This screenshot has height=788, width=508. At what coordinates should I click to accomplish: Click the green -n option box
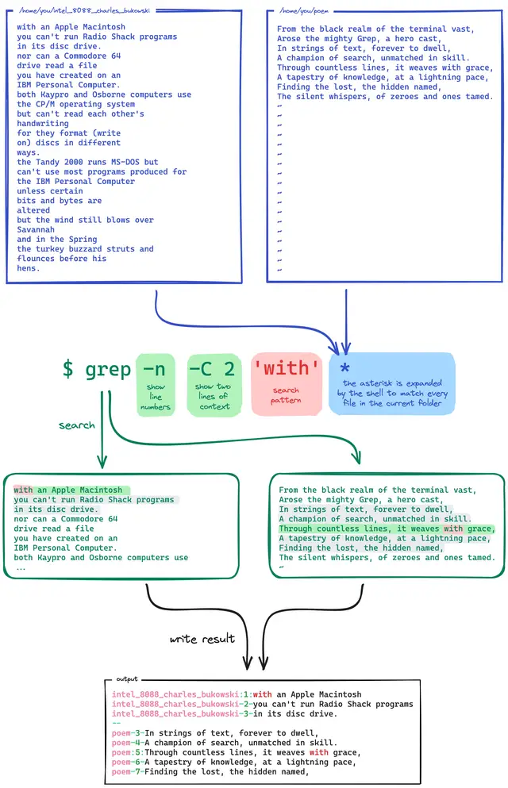pos(155,385)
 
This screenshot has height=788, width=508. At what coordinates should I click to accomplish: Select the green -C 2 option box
pos(212,385)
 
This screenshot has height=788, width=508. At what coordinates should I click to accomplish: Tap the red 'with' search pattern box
pos(287,385)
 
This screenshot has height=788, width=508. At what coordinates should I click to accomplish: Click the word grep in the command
pos(108,369)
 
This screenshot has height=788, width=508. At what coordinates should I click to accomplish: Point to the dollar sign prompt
pos(68,369)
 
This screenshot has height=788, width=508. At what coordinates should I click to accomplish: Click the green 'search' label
pos(77,425)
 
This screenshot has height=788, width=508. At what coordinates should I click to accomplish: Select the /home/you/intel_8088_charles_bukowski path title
pos(85,12)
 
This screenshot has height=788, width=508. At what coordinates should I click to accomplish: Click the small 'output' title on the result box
pos(127,679)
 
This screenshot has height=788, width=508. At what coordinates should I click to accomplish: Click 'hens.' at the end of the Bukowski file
pos(29,268)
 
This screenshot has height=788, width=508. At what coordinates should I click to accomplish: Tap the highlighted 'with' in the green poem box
pos(453,529)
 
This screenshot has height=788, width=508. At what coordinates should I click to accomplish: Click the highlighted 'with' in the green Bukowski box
pos(23,490)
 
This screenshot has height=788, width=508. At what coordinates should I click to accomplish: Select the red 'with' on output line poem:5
pos(318,752)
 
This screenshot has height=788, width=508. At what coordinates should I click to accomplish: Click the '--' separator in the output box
pos(116,723)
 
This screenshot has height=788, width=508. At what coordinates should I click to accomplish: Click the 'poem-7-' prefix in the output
pos(128,771)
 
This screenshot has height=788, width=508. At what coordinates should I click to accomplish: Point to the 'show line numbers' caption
pos(156,397)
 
